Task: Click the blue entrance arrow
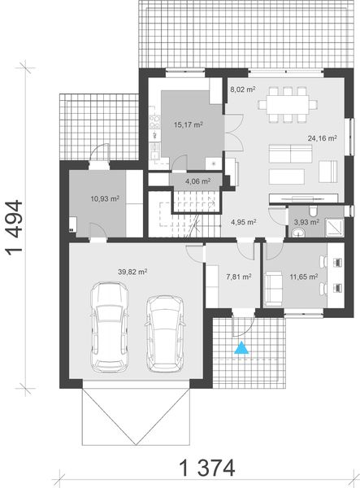(241, 350)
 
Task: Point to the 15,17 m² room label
(188, 125)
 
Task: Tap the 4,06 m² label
(197, 181)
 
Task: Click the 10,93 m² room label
(104, 198)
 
